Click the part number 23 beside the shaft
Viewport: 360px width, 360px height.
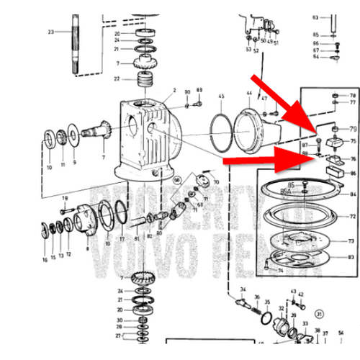[50, 32]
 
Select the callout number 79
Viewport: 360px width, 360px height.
[353, 129]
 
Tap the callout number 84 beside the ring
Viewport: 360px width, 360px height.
[353, 194]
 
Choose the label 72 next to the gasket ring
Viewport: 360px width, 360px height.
[353, 216]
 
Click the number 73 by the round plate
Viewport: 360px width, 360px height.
[353, 241]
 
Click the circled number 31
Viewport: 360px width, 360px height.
[319, 315]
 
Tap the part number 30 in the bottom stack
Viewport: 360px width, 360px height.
[119, 319]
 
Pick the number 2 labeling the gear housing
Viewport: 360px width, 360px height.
[174, 92]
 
